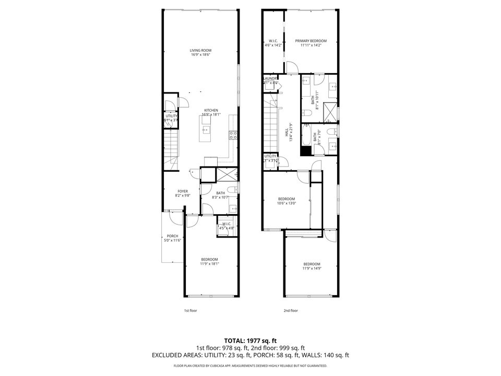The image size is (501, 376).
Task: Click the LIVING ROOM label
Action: [200, 51]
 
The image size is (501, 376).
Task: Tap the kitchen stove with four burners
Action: [233, 134]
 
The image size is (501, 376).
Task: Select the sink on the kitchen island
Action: [205, 129]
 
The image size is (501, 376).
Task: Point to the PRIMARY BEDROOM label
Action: [311, 41]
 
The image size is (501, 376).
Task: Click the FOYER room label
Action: [182, 191]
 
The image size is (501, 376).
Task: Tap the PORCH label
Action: [172, 236]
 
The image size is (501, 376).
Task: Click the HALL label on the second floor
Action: [287, 134]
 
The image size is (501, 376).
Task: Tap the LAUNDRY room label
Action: [270, 79]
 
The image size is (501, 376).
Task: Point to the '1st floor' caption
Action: [190, 311]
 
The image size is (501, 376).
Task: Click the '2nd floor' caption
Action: [291, 311]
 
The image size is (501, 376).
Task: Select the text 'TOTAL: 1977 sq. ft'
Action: [250, 340]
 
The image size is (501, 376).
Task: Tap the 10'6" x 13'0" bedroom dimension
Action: [287, 204]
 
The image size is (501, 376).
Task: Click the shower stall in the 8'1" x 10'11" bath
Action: [329, 110]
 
